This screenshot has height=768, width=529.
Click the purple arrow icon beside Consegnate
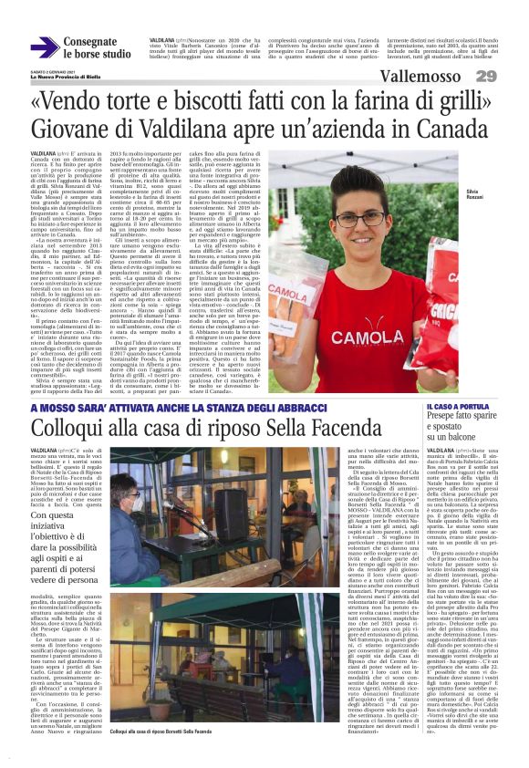point(43,48)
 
